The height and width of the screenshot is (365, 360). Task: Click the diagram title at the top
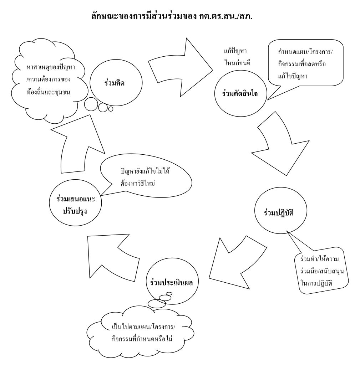pos(172,16)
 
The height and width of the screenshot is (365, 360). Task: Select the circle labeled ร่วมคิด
pos(116,83)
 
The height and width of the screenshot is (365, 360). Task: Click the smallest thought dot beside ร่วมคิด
pos(111,109)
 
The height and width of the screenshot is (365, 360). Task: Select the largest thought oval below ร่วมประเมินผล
pos(157,303)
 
